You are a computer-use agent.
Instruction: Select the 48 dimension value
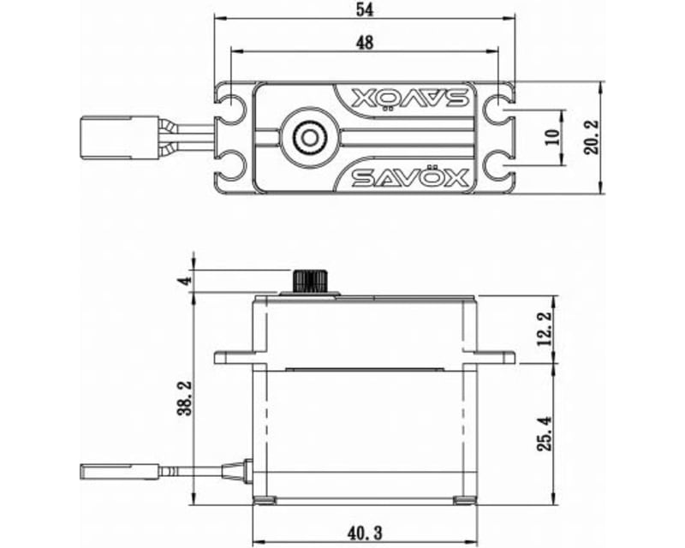[x=364, y=42]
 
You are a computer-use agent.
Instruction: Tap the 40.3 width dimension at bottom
[x=365, y=533]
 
